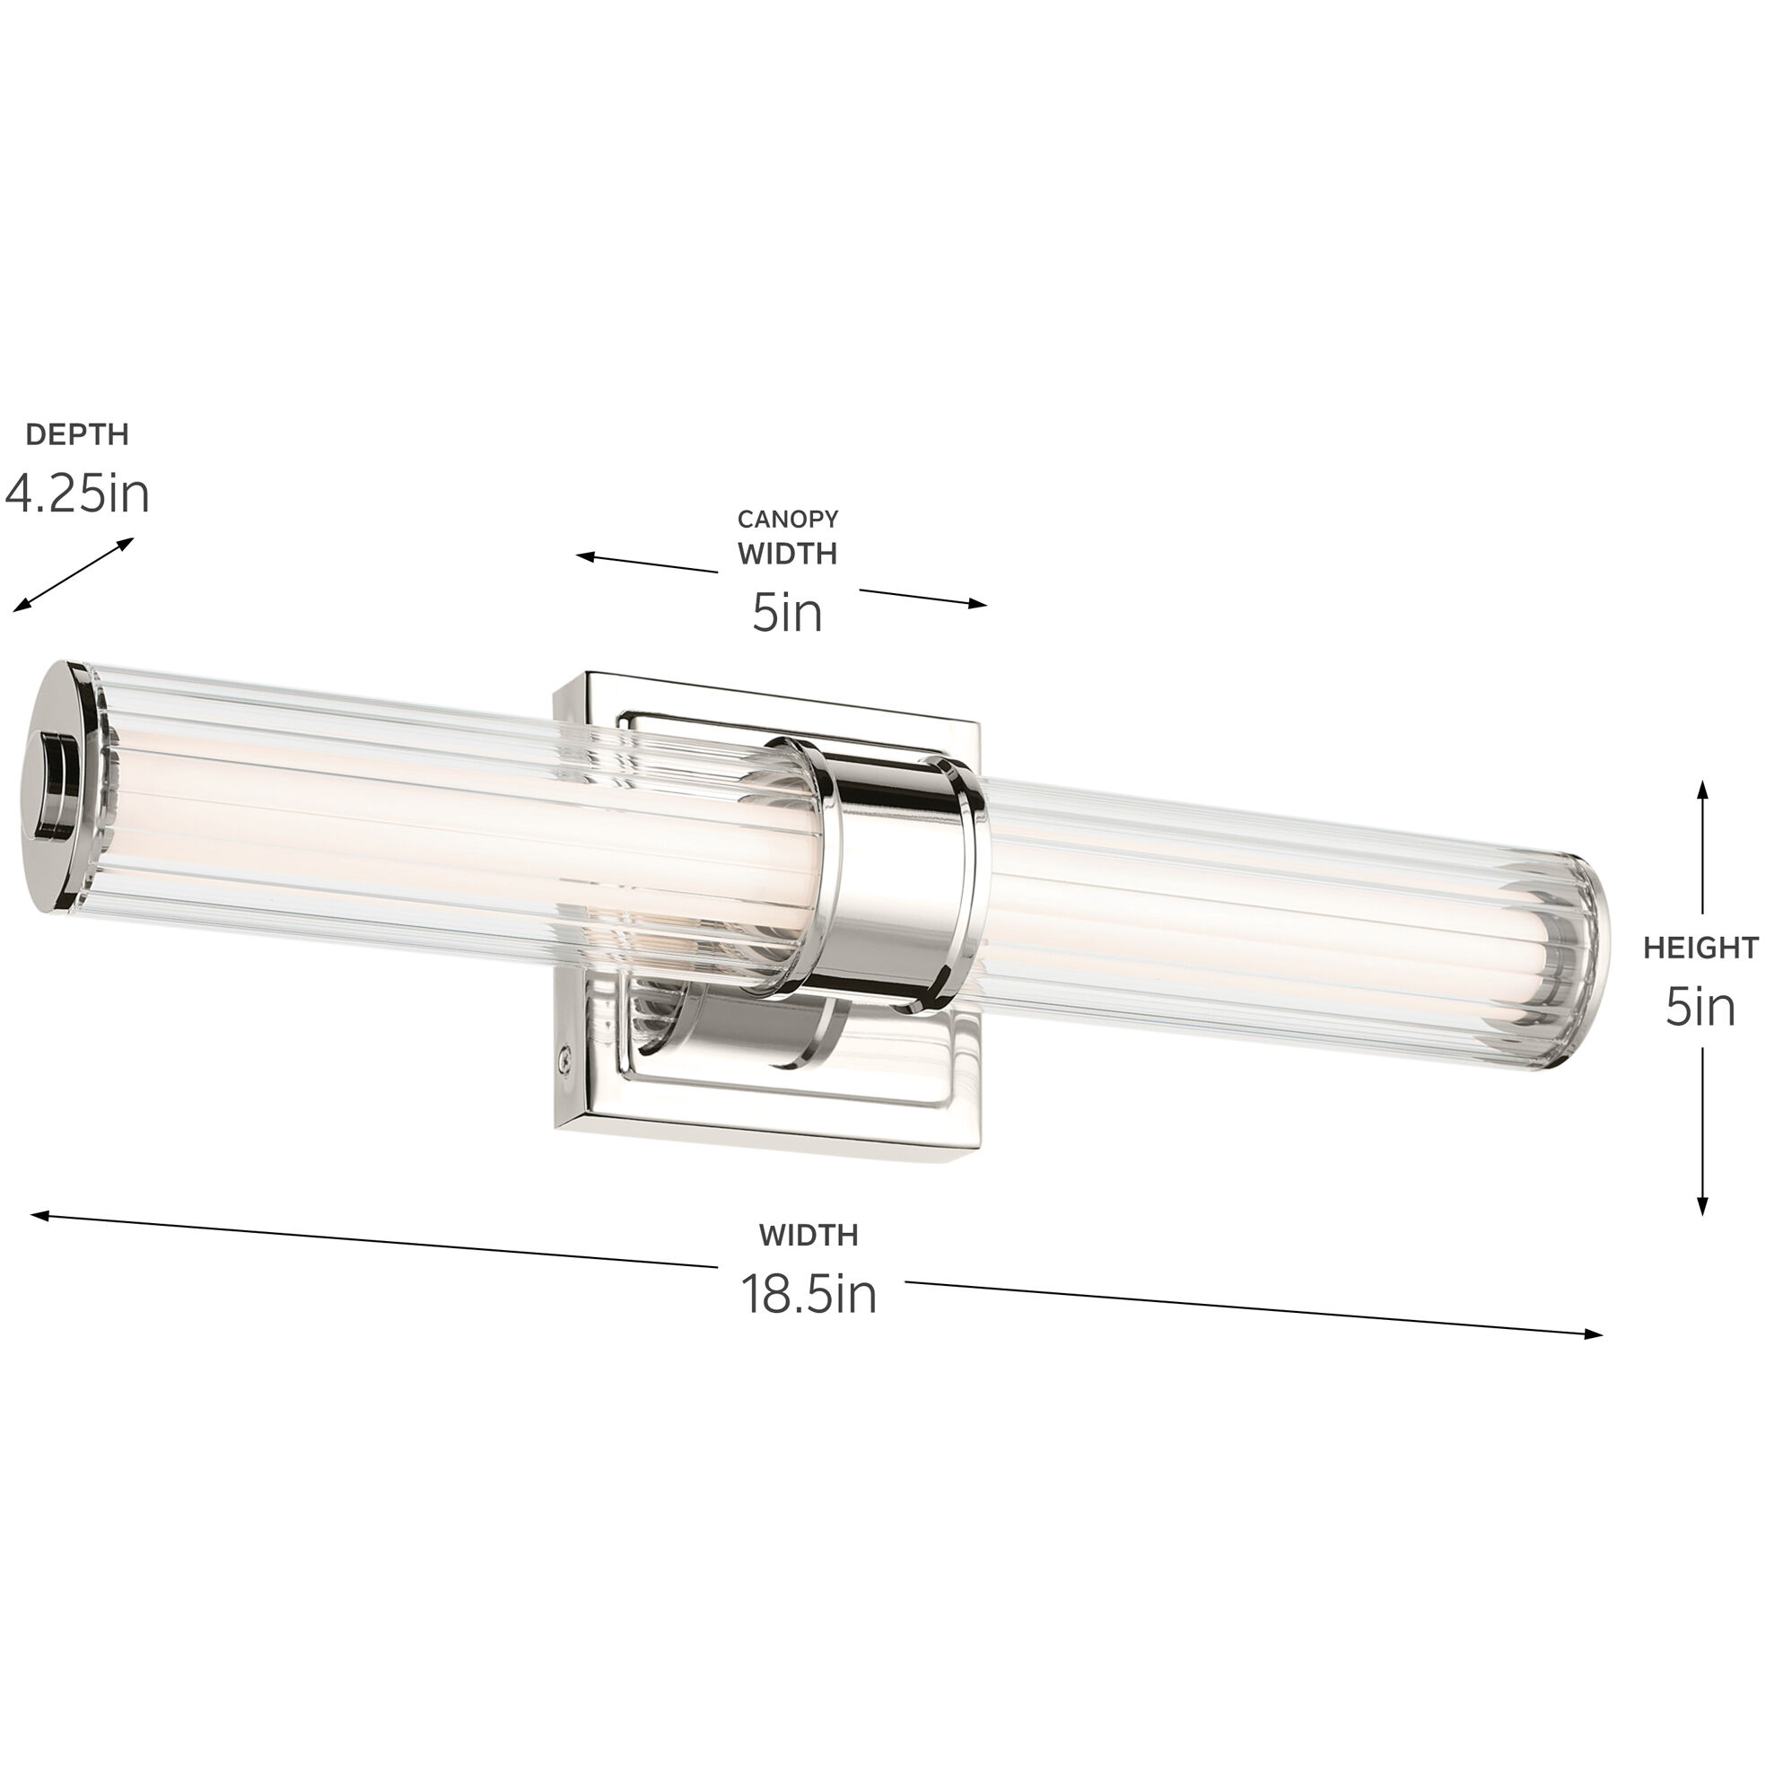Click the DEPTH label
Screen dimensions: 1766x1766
pyautogui.click(x=77, y=434)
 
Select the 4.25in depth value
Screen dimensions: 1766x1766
pyautogui.click(x=77, y=494)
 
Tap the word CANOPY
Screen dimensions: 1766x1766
pyautogui.click(x=787, y=520)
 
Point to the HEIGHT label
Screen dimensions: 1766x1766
pyautogui.click(x=1700, y=948)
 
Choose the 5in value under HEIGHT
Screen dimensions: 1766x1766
pyautogui.click(x=1700, y=1007)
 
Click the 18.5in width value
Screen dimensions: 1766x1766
pyautogui.click(x=808, y=1294)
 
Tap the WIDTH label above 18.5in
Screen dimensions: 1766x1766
pyautogui.click(x=808, y=1236)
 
